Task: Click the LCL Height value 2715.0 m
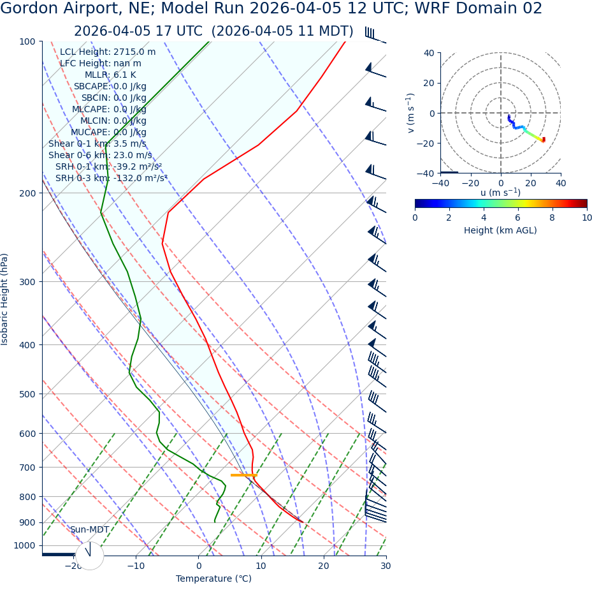(x=134, y=52)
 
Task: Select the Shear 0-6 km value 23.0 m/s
(x=133, y=155)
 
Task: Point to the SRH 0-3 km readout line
(x=111, y=178)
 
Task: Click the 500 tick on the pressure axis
(x=27, y=394)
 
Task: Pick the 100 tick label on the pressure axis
(x=27, y=41)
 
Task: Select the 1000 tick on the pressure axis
(x=25, y=545)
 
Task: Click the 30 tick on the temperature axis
(x=386, y=566)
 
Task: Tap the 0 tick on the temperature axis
(x=198, y=566)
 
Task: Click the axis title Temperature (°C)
(x=213, y=579)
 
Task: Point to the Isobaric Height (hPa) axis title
(x=5, y=299)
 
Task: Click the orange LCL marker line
(x=243, y=475)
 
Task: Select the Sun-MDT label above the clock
(x=89, y=530)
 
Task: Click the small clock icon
(x=89, y=556)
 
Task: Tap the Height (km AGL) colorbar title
(x=500, y=230)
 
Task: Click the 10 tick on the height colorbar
(x=586, y=217)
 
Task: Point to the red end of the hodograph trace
(x=543, y=140)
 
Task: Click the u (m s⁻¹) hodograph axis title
(x=500, y=193)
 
